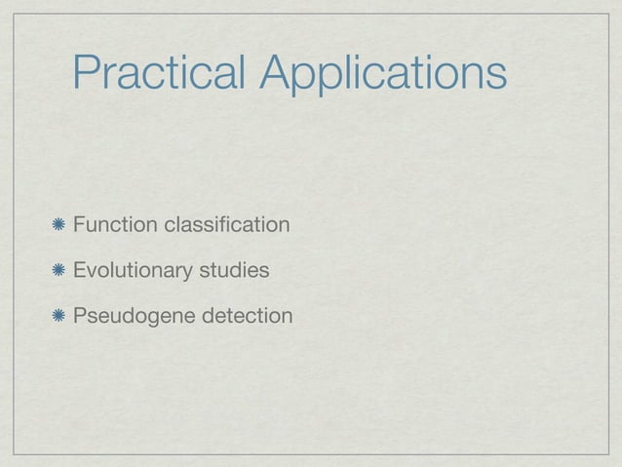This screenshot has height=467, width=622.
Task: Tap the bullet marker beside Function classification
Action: (x=60, y=226)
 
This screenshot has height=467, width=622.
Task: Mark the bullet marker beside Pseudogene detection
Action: (x=60, y=316)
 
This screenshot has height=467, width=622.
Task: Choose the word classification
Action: (x=226, y=226)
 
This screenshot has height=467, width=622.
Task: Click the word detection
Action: (x=246, y=316)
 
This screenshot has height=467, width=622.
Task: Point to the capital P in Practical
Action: (x=87, y=73)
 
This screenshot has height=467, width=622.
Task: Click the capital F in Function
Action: (x=78, y=226)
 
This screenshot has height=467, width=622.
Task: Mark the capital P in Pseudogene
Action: (x=78, y=316)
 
